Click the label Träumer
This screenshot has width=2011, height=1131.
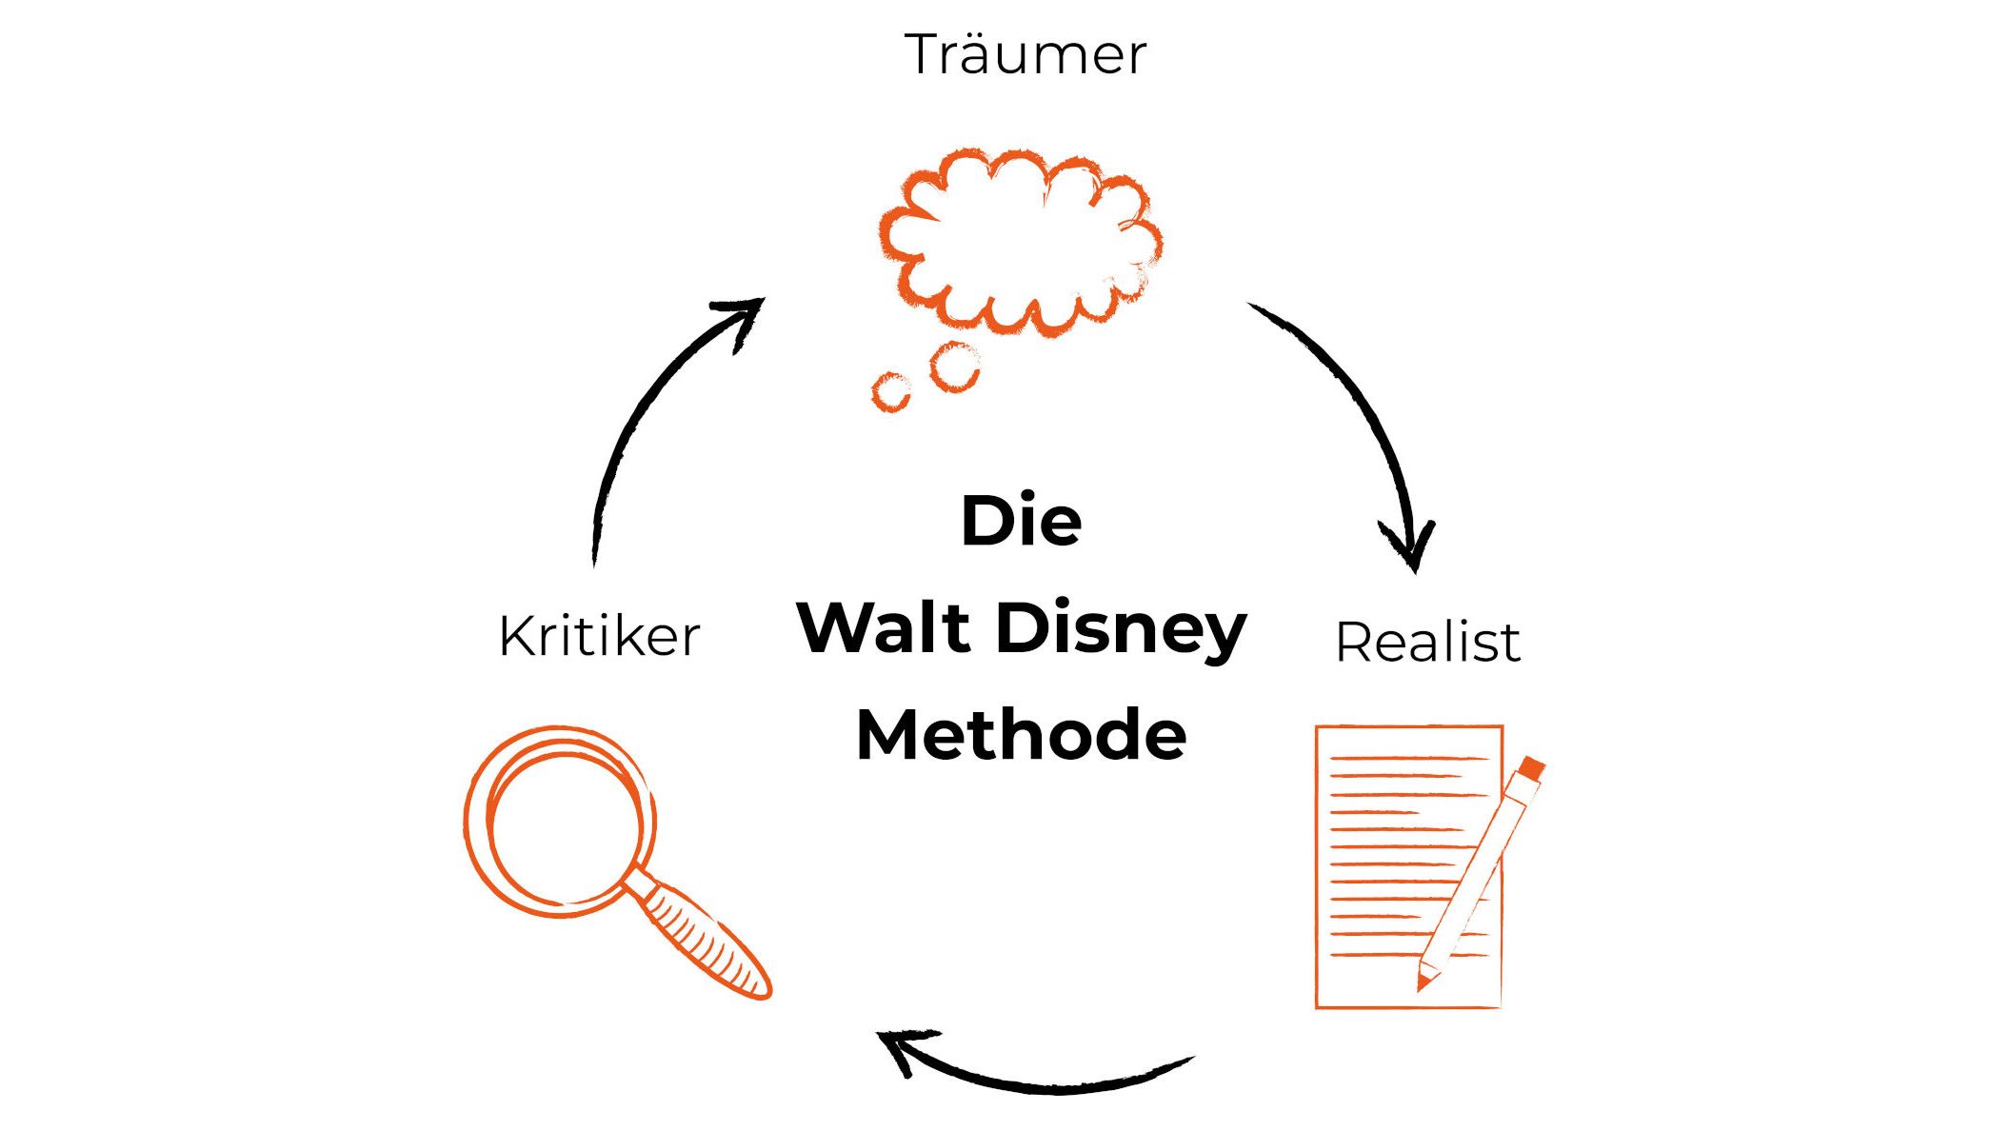[x=1025, y=55]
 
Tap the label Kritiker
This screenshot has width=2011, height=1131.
[x=599, y=636]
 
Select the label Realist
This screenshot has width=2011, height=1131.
[x=1426, y=642]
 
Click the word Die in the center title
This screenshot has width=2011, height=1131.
[x=1021, y=521]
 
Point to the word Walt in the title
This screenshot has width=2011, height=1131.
[x=884, y=628]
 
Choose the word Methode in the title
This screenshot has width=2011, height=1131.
[x=1021, y=735]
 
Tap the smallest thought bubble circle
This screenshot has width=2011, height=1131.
[x=891, y=391]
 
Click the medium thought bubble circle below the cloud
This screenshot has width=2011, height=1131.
[x=954, y=367]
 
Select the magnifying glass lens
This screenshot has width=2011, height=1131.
[x=561, y=821]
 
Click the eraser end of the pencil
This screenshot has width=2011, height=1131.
[x=1531, y=767]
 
